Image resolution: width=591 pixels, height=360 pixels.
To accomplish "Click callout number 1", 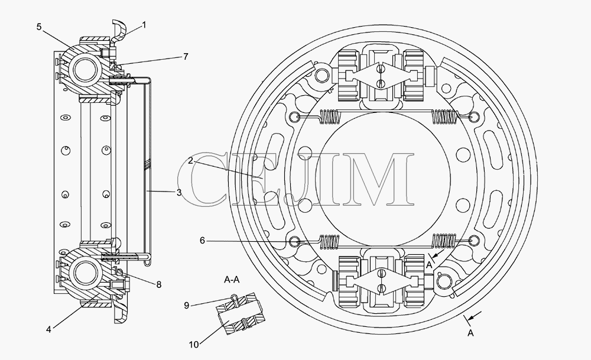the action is pyautogui.click(x=144, y=25).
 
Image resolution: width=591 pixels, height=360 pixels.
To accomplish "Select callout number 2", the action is pyautogui.click(x=191, y=161).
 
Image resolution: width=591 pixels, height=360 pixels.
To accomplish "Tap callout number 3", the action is pyautogui.click(x=178, y=192).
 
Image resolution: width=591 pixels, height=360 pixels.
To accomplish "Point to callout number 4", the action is pyautogui.click(x=48, y=329).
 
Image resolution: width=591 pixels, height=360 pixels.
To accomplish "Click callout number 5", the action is pyautogui.click(x=39, y=27).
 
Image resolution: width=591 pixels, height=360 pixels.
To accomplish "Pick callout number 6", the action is pyautogui.click(x=202, y=241).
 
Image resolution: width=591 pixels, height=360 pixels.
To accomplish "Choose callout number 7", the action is pyautogui.click(x=186, y=57).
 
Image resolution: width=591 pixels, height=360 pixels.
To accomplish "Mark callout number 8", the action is pyautogui.click(x=158, y=284).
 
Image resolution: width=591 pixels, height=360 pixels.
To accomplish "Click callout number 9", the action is pyautogui.click(x=187, y=306).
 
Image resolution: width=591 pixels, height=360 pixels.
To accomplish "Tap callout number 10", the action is pyautogui.click(x=194, y=345).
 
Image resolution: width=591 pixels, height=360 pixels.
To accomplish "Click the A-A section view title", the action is pyautogui.click(x=232, y=280).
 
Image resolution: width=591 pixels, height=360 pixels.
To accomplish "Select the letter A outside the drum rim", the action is pyautogui.click(x=470, y=333).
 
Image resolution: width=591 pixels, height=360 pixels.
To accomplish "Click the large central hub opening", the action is pyautogui.click(x=385, y=180).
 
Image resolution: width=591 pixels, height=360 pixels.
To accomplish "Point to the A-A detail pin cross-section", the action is pyautogui.click(x=240, y=314).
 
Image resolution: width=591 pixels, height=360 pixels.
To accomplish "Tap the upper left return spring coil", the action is pyautogui.click(x=330, y=116).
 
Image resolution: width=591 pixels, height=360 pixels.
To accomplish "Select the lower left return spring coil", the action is pyautogui.click(x=329, y=242).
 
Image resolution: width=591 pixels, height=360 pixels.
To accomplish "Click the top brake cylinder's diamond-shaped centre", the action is pyautogui.click(x=381, y=76).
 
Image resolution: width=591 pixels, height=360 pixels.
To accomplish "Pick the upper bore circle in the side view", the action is pyautogui.click(x=86, y=70).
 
